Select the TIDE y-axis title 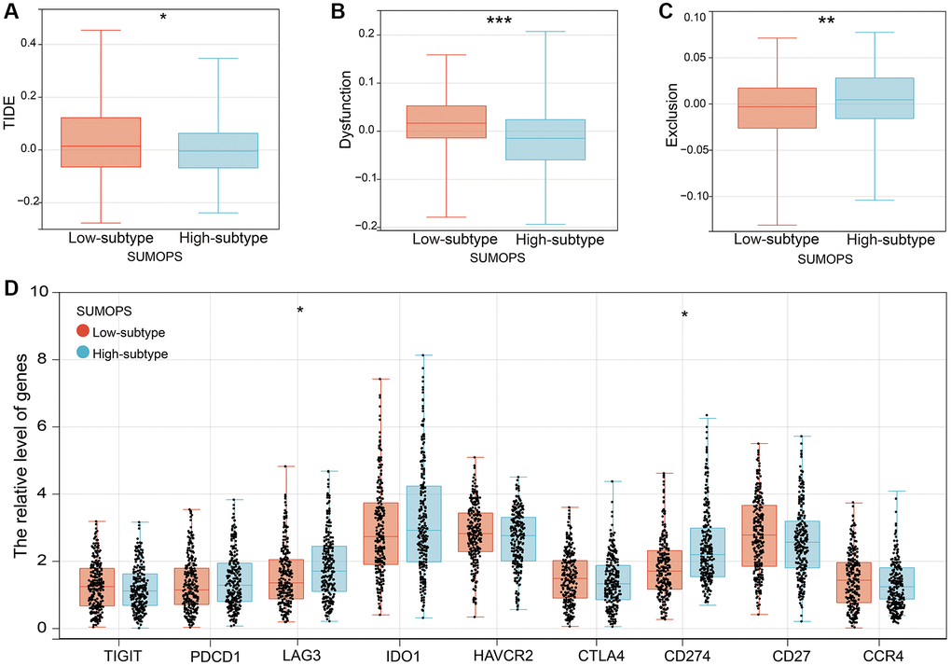(11, 121)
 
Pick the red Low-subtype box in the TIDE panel (101, 142)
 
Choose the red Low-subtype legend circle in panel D (86, 331)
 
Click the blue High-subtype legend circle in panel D (86, 353)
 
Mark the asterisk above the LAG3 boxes (300, 312)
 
